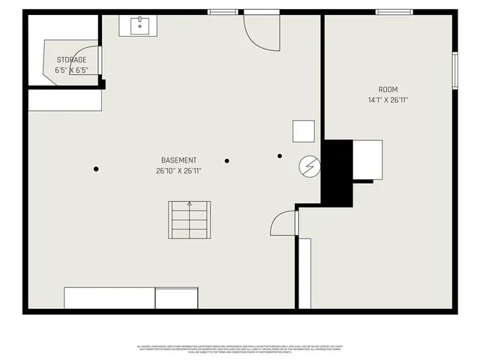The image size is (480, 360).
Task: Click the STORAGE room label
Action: (71, 60)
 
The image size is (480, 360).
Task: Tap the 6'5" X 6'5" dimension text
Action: (71, 70)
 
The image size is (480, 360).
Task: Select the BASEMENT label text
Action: (179, 160)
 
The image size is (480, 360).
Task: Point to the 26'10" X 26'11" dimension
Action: (179, 171)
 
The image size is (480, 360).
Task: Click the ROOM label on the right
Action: (388, 89)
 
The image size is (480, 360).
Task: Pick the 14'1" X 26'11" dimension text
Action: (388, 100)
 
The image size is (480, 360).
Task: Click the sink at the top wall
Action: (139, 25)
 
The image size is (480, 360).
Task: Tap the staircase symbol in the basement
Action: (190, 220)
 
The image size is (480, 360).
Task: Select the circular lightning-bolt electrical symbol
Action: (309, 165)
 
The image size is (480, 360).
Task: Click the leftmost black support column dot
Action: (96, 169)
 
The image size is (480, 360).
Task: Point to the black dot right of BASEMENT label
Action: (226, 160)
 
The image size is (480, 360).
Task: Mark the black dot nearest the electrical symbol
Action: (280, 156)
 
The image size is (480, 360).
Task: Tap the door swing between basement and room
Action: (284, 223)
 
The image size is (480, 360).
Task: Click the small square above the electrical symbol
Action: (304, 132)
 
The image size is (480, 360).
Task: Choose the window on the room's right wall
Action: (454, 70)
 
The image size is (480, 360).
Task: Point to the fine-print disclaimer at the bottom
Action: (240, 349)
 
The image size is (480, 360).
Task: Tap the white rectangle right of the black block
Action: (367, 159)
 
